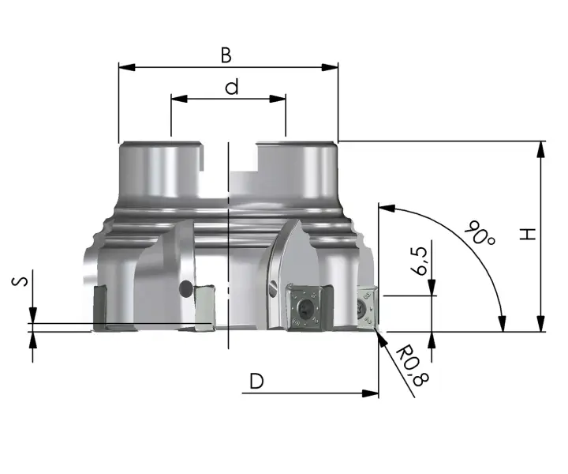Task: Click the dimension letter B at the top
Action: point(226,55)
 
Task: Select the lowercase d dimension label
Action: point(232,88)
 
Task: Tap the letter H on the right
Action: point(528,234)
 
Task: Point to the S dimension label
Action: point(20,281)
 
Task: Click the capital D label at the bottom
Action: point(256,381)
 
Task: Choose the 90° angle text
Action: point(480,233)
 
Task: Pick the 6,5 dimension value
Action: point(420,261)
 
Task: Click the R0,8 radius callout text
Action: point(412,367)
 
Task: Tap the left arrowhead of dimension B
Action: point(127,67)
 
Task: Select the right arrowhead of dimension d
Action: point(278,99)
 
